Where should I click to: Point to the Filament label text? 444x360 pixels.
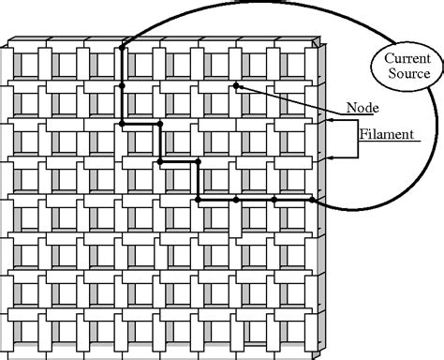click(x=386, y=134)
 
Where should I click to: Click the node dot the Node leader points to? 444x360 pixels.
click(x=236, y=86)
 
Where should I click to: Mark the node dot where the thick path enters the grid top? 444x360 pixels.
click(x=122, y=47)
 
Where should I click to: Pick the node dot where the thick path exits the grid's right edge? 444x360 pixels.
click(x=312, y=200)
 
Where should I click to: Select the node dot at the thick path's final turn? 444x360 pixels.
click(x=198, y=200)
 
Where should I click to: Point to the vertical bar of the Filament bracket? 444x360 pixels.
click(x=357, y=139)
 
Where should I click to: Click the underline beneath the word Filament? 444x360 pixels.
click(x=389, y=142)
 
